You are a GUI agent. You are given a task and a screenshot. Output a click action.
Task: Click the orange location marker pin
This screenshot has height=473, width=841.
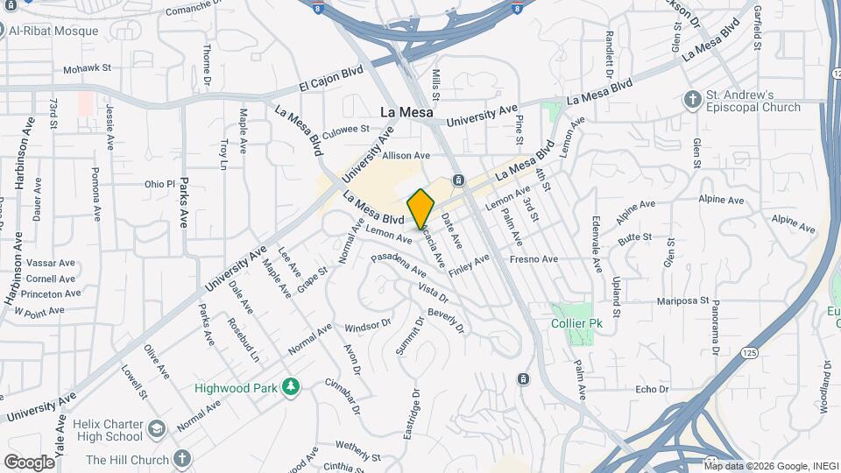coord(420,209)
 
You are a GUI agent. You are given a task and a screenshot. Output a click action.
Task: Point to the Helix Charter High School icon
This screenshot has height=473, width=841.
coord(156,430)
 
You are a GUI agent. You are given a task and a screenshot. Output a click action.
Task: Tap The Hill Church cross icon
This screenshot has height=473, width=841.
coord(181,459)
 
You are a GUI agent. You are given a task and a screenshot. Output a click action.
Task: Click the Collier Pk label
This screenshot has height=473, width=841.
coord(575,324)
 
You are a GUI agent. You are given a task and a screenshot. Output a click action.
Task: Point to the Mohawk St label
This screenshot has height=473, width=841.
coord(87,67)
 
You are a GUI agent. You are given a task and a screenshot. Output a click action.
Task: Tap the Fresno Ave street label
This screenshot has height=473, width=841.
coord(534,259)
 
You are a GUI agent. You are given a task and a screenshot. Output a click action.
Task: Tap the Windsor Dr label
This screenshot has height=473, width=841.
coord(367,324)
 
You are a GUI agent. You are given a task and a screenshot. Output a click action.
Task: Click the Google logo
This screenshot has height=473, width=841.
coord(29,462)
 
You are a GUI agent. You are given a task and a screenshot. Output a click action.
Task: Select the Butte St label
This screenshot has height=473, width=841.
coord(634,236)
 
